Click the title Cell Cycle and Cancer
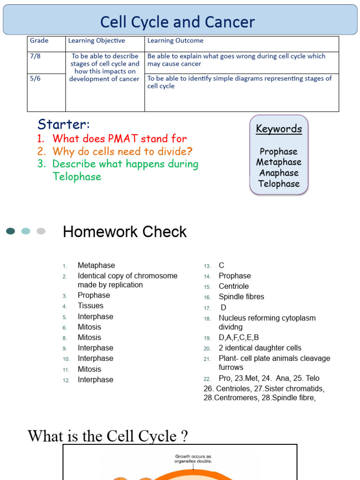click(178, 22)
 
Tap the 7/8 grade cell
click(36, 56)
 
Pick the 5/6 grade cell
click(36, 79)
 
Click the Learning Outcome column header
click(175, 41)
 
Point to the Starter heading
click(63, 124)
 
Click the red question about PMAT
click(120, 139)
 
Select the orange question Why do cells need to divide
click(122, 151)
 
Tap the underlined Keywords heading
click(279, 129)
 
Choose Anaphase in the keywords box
click(279, 173)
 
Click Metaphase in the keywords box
click(279, 162)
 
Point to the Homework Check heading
click(125, 232)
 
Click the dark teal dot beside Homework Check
click(10, 231)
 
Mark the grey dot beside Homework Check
click(41, 231)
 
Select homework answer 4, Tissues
click(90, 306)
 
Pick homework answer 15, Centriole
click(233, 286)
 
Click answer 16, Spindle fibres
click(241, 297)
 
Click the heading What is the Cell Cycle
click(108, 436)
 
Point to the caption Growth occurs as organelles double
click(194, 458)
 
